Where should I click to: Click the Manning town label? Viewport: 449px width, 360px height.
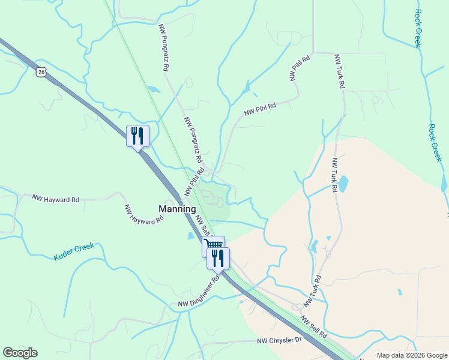[177, 209]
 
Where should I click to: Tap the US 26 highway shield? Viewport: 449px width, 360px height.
[40, 72]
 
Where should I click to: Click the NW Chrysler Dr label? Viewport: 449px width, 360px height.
[278, 341]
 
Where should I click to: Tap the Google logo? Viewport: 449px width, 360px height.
[20, 353]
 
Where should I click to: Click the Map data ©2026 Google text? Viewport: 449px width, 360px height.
[411, 355]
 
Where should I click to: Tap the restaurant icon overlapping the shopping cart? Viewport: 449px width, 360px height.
[218, 259]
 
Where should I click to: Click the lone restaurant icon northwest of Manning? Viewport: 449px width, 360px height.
[137, 136]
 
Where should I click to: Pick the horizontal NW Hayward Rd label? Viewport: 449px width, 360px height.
[56, 199]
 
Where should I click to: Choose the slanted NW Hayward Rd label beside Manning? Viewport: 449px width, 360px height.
[143, 214]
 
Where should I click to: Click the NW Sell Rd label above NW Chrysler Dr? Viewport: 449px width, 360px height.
[313, 326]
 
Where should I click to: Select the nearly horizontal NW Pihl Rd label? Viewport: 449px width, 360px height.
[260, 109]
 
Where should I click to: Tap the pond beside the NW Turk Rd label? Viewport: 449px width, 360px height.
[343, 184]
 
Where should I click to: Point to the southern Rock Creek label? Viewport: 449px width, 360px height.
[435, 142]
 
